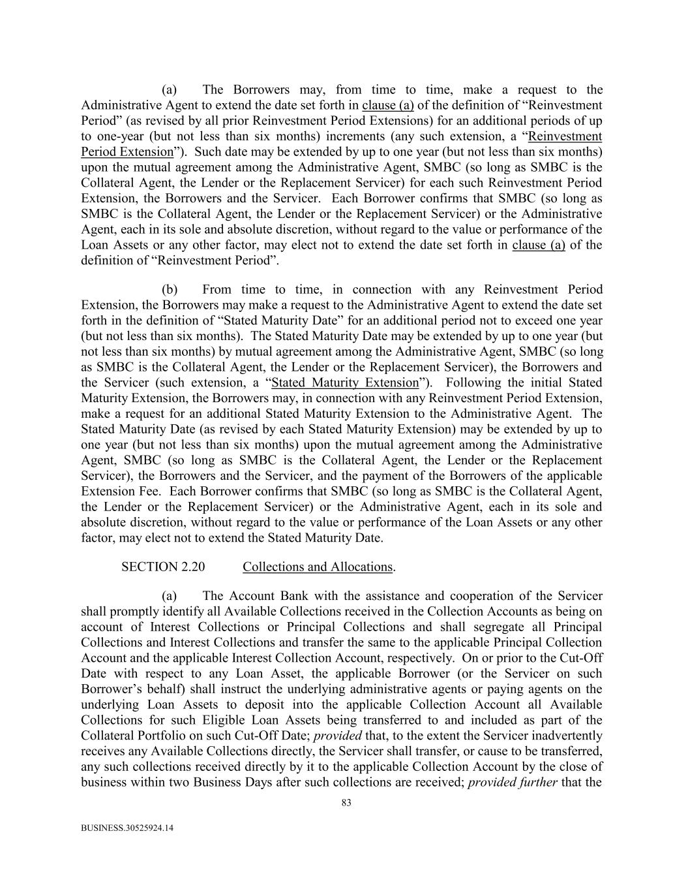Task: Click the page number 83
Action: coord(346,803)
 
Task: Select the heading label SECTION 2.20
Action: coord(163,567)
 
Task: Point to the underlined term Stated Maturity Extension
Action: coord(345,383)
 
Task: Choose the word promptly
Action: coord(138,611)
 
